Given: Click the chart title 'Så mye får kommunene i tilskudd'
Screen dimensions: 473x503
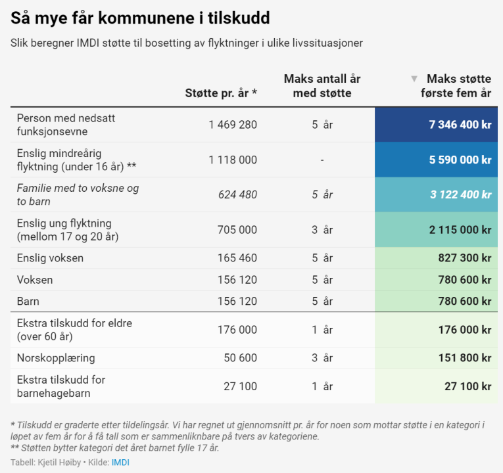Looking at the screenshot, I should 140,18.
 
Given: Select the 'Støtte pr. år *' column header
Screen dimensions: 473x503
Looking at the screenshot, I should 221,93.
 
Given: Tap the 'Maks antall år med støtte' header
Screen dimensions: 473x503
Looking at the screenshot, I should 322,86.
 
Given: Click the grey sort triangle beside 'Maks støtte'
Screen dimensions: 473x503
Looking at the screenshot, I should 414,79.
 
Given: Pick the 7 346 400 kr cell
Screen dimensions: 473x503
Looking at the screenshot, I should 460,125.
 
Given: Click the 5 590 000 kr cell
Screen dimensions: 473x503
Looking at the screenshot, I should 460,160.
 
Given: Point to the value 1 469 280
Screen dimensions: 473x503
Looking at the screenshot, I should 233,125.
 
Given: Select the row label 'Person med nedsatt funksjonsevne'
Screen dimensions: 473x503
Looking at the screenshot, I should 66,124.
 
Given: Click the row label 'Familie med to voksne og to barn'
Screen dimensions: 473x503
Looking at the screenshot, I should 78,194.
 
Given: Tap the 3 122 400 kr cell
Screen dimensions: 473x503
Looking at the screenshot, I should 460,194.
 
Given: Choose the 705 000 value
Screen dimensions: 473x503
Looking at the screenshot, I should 237,229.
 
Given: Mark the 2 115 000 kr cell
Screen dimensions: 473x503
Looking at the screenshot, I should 460,229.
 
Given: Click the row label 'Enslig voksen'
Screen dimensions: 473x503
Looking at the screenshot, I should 50,258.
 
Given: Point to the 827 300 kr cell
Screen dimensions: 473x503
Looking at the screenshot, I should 465,258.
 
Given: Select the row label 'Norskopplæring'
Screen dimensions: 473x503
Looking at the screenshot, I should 56,358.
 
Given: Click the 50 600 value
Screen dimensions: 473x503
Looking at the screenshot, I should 241,358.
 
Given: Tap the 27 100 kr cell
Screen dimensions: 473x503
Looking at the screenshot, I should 468,386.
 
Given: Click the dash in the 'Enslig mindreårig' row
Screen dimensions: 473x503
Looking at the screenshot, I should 322,160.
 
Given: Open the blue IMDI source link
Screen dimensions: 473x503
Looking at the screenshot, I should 120,462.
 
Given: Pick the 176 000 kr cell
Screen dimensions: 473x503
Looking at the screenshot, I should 465,330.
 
